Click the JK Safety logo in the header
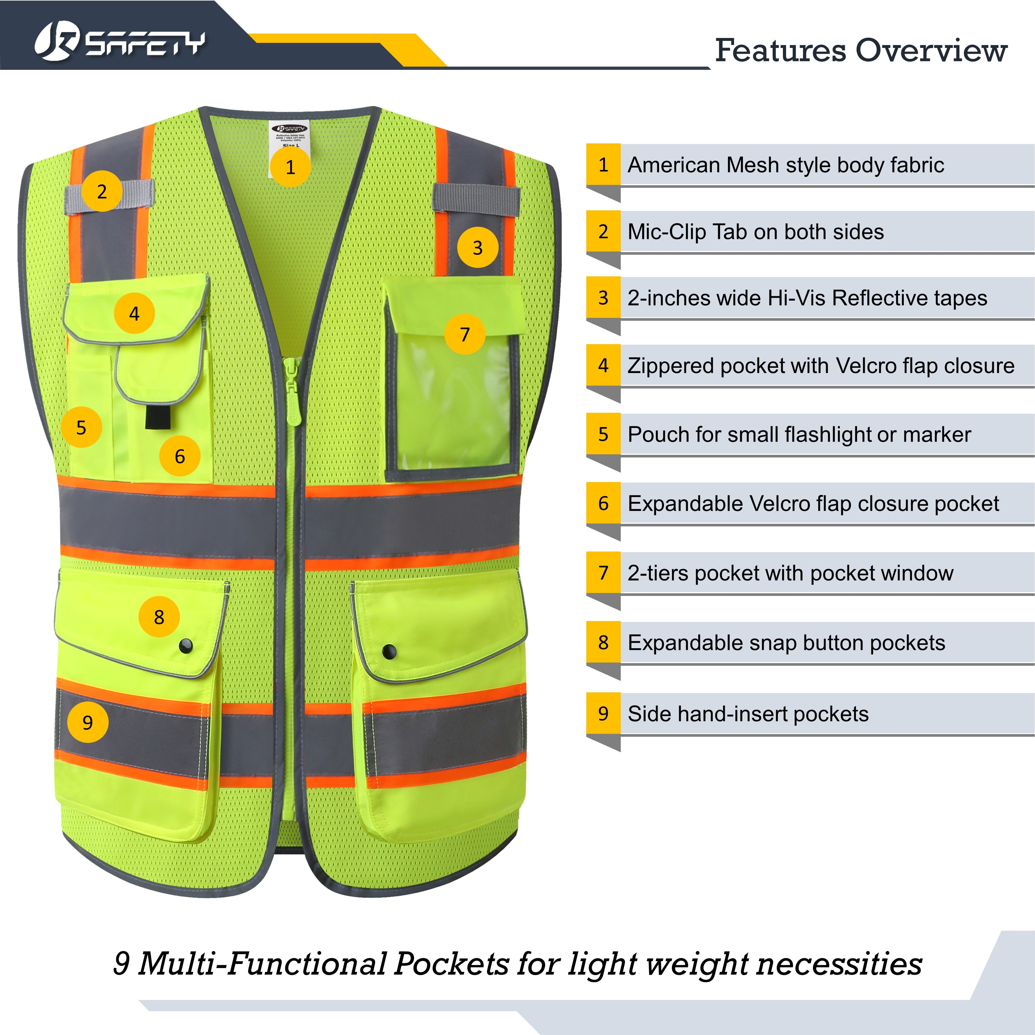pyautogui.click(x=119, y=43)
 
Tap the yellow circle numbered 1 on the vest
pyautogui.click(x=290, y=167)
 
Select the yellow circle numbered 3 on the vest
pyautogui.click(x=477, y=247)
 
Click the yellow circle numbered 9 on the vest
pyautogui.click(x=87, y=723)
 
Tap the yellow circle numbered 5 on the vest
pyautogui.click(x=81, y=427)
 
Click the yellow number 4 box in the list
pyautogui.click(x=603, y=365)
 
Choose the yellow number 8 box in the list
pyautogui.click(x=603, y=642)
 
